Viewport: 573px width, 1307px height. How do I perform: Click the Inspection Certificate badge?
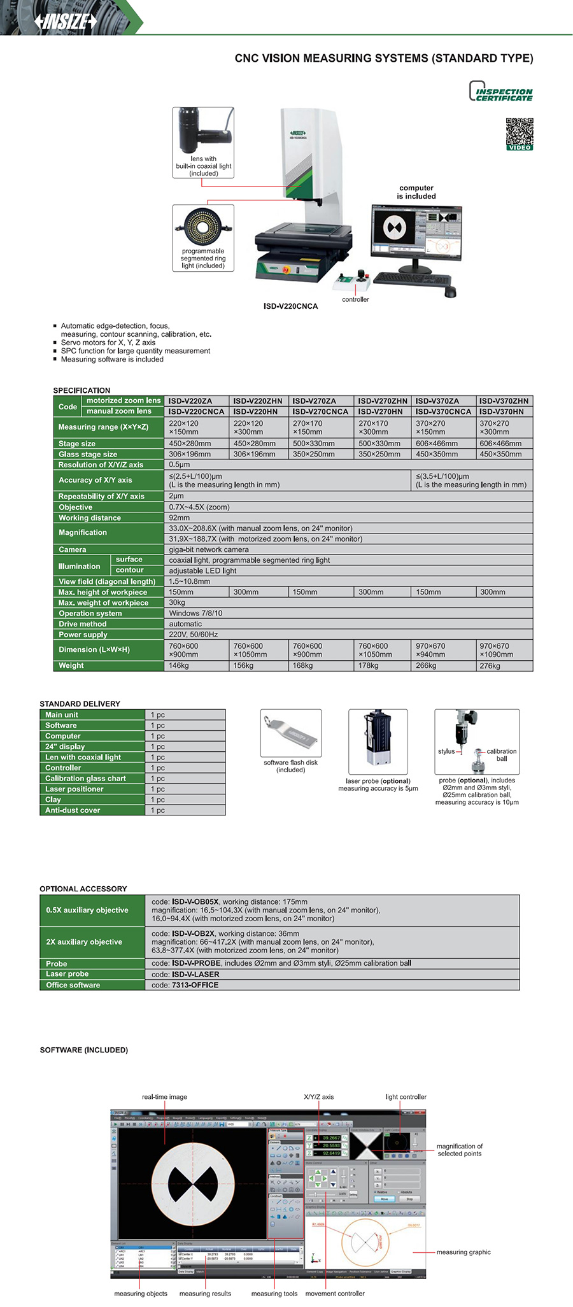click(x=500, y=92)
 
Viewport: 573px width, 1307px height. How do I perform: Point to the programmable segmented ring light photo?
click(x=202, y=227)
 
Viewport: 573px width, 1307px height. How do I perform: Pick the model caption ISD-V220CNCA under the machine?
click(x=290, y=306)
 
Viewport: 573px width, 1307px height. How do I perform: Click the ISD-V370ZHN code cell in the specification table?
click(x=504, y=401)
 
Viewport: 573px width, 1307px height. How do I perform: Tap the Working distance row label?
click(x=90, y=518)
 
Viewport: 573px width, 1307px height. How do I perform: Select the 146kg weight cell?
click(x=179, y=666)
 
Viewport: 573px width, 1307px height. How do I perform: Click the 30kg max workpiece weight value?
click(x=177, y=603)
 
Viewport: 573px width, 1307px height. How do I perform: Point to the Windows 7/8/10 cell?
click(x=195, y=614)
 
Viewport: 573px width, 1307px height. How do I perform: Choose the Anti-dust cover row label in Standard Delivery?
click(x=73, y=810)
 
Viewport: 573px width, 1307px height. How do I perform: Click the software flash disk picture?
click(x=291, y=733)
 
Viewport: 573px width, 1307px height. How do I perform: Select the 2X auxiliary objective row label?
click(x=84, y=942)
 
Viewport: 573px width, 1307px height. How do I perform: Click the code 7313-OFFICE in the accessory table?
click(x=195, y=985)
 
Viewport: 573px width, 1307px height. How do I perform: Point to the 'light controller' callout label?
click(x=406, y=1097)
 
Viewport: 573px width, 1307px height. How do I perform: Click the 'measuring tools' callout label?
click(x=274, y=1294)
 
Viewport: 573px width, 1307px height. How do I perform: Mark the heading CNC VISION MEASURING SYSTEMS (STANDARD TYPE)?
click(x=384, y=59)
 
